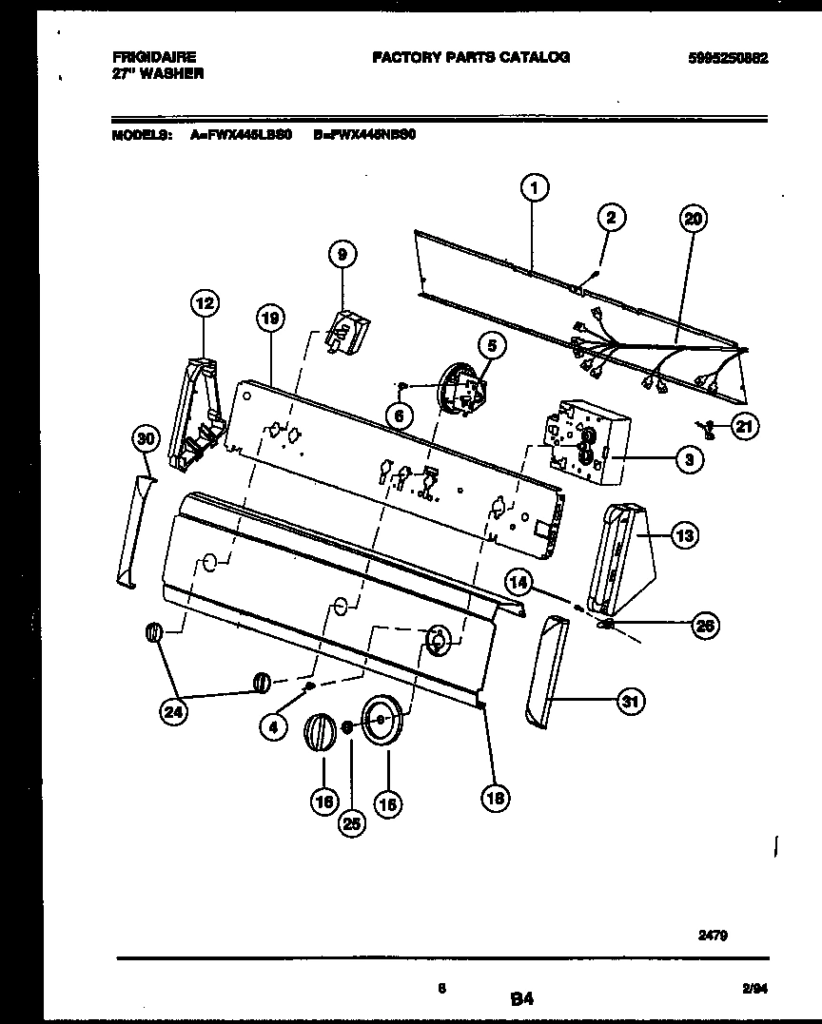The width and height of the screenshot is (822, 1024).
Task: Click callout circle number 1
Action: click(x=536, y=189)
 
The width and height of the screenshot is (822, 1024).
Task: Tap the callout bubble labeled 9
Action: click(x=342, y=254)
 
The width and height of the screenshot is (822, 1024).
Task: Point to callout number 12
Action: click(x=204, y=304)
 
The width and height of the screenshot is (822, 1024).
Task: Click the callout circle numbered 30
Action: click(x=144, y=438)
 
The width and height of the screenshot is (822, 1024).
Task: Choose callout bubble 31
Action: click(x=630, y=703)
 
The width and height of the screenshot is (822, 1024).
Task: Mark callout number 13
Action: click(x=683, y=536)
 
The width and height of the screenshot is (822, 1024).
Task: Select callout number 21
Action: click(x=744, y=428)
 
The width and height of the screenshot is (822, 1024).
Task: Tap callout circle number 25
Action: click(x=352, y=824)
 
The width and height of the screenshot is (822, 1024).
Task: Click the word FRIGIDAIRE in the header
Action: click(x=153, y=58)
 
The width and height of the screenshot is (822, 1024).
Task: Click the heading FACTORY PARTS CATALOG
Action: click(x=471, y=57)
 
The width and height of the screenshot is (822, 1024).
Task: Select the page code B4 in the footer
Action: click(x=520, y=999)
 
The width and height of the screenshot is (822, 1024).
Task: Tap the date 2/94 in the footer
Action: click(x=754, y=989)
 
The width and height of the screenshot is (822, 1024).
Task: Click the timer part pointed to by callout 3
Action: click(x=580, y=439)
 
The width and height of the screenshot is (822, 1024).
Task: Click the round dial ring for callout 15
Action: click(x=383, y=720)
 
